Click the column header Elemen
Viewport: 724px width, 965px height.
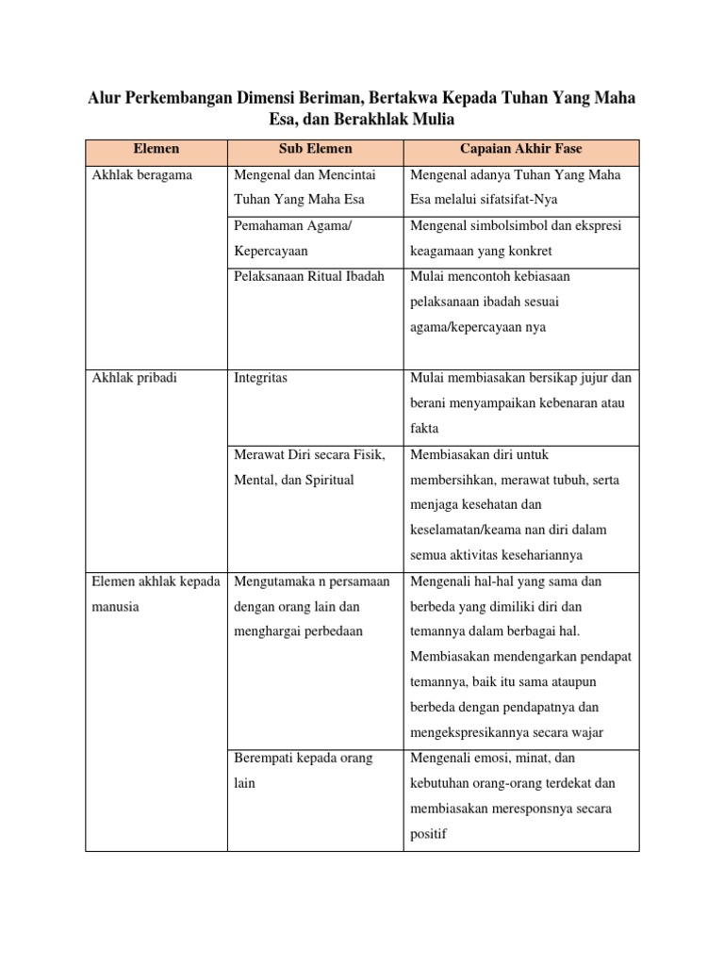(x=156, y=149)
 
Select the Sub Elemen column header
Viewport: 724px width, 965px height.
(x=315, y=149)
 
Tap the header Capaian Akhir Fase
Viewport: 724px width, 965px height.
(x=520, y=149)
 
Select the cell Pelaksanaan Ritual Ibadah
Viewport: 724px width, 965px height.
(x=305, y=277)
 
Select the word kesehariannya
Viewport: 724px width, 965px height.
(x=540, y=555)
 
